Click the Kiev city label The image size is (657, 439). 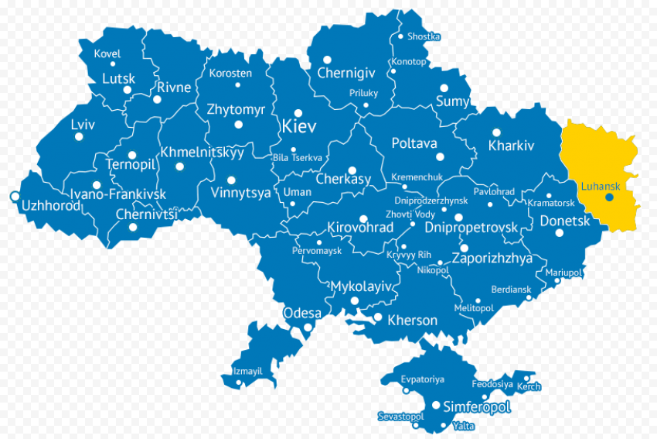pos(299,127)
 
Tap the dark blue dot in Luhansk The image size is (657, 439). pos(609,197)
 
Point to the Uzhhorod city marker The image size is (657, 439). pos(14,197)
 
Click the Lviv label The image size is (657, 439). pos(83,125)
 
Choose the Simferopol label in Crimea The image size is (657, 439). pos(476,406)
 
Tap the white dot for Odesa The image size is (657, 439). pos(308,328)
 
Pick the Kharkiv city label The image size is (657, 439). pos(511,146)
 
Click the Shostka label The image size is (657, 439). pos(424,36)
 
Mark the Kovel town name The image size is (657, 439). pos(107,54)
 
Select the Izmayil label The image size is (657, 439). pos(247,372)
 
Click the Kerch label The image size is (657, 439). pos(529,387)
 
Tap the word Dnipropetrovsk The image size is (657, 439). pos(471,228)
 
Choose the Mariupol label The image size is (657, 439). pos(563,273)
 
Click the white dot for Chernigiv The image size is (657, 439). pos(327,60)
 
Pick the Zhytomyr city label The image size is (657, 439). pos(236,110)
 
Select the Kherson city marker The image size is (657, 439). pos(378,317)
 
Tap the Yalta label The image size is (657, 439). pos(464,426)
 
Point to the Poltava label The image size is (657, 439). pos(414,143)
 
